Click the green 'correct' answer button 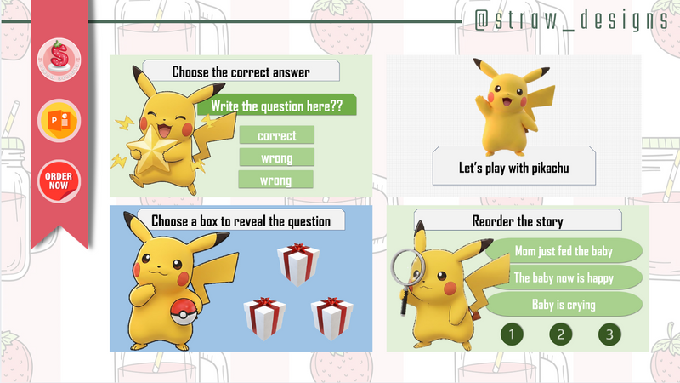[276, 135]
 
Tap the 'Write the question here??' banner [276, 106]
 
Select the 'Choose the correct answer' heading [241, 71]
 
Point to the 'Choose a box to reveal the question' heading [241, 221]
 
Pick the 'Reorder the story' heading [517, 221]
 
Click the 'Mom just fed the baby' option [563, 251]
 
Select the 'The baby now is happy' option [563, 277]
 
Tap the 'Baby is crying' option [563, 304]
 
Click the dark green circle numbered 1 [512, 334]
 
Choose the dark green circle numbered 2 [560, 334]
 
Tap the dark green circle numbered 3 [609, 334]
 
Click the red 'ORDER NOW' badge [59, 180]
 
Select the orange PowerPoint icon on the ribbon [59, 121]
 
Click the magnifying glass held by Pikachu [406, 272]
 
